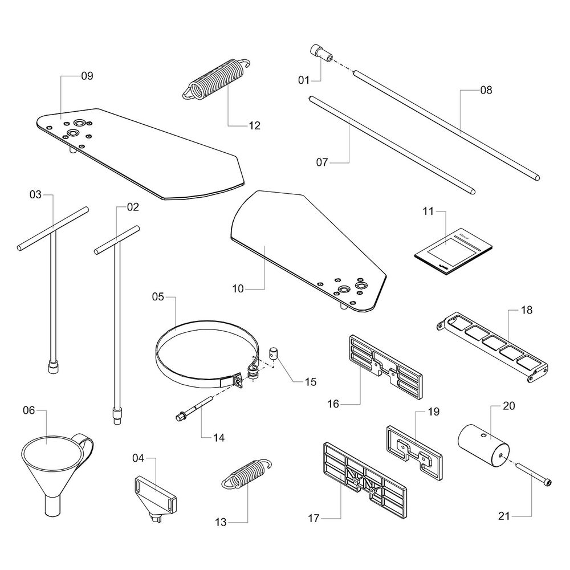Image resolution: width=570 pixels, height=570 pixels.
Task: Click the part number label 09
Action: pos(87,76)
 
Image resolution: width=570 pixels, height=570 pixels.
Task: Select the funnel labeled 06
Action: pos(51,462)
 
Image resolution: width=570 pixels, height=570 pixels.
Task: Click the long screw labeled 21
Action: pos(536,475)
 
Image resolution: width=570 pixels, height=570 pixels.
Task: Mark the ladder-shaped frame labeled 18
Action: pos(493,347)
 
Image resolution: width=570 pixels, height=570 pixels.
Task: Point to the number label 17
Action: pos(312,518)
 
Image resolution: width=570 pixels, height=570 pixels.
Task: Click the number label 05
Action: pos(158,296)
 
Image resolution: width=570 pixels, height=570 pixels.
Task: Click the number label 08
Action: pos(486,90)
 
